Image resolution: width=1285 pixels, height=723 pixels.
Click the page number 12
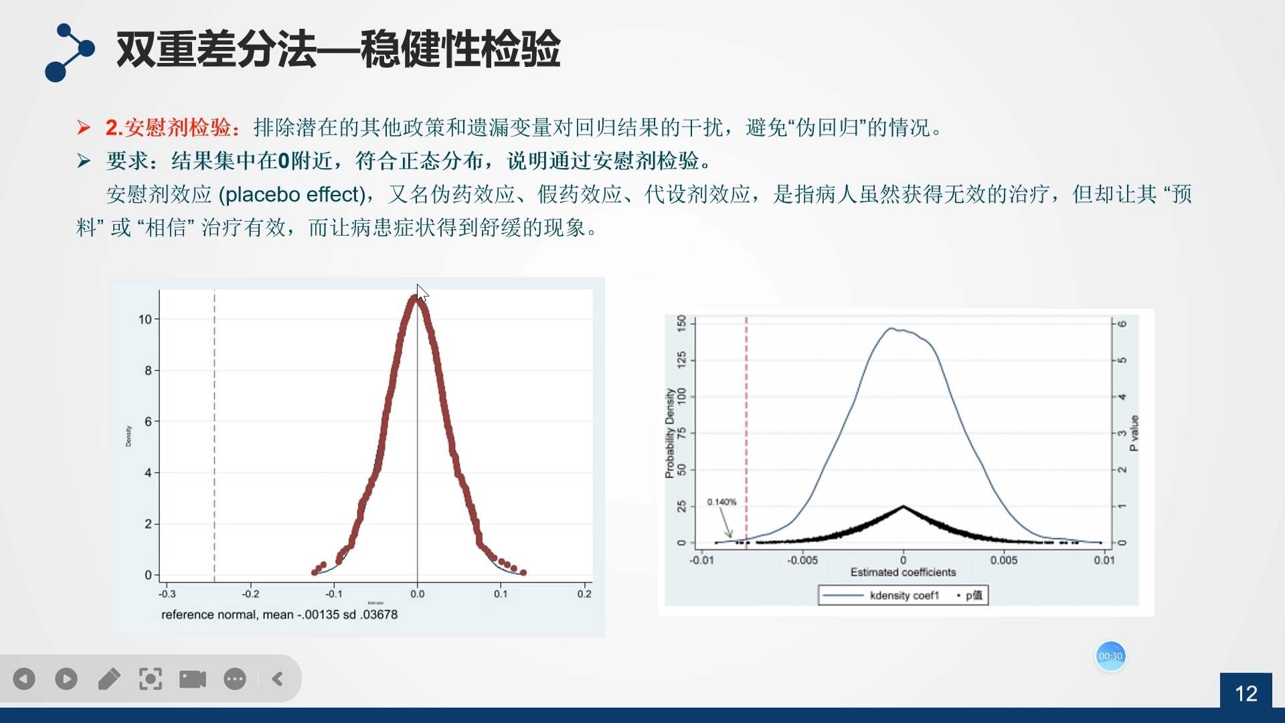pos(1246,693)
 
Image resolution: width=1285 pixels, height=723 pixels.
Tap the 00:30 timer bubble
pos(1110,656)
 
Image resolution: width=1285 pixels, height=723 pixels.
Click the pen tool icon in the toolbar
pos(109,679)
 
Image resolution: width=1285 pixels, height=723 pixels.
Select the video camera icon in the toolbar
pos(193,679)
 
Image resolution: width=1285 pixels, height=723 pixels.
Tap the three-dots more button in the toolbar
pos(235,679)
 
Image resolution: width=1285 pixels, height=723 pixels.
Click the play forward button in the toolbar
pos(66,679)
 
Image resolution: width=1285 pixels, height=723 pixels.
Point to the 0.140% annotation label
pos(721,502)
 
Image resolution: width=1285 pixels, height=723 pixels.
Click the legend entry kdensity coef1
pos(904,595)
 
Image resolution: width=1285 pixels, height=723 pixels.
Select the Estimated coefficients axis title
pos(903,572)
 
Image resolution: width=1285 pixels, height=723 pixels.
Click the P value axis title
pos(1134,433)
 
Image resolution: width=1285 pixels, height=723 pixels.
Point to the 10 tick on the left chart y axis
pos(145,319)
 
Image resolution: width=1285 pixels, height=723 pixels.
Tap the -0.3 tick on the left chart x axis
pos(167,594)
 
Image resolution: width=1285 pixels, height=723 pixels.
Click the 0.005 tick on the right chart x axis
pos(1004,560)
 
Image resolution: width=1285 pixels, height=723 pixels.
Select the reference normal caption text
pos(279,615)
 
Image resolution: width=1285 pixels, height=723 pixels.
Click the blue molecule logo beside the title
pos(69,52)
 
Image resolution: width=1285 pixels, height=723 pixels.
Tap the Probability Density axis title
pos(669,433)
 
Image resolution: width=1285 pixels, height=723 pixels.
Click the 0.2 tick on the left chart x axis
pos(584,594)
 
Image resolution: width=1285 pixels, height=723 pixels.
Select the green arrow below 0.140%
pos(725,523)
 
